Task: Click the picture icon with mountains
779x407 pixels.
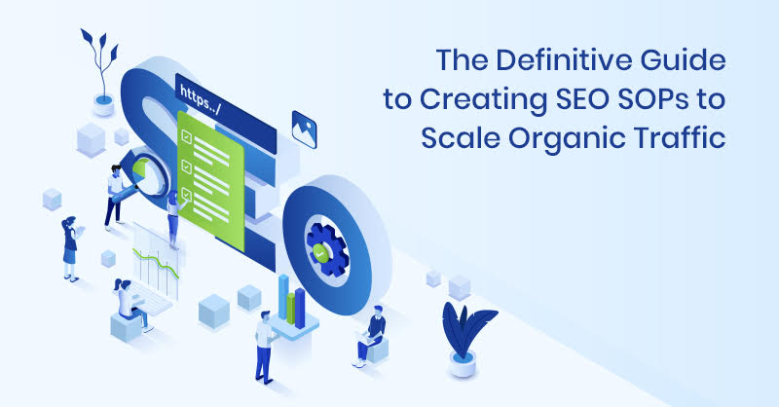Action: (305, 125)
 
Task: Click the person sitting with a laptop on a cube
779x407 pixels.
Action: (373, 331)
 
